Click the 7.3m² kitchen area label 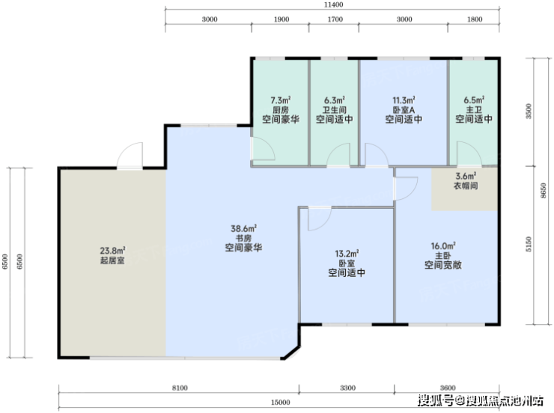coord(281,100)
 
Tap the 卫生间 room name coord(334,110)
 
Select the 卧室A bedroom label coord(404,110)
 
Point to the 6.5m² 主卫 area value coord(474,100)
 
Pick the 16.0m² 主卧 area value coord(443,246)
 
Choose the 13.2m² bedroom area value coord(347,254)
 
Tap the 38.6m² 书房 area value coord(244,229)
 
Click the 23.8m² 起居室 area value coord(113,251)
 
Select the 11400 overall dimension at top coord(334,5)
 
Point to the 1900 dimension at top coord(281,19)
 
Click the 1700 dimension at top coord(335,19)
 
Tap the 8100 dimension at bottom coord(180,388)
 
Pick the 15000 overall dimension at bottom coord(281,403)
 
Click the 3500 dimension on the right coord(529,111)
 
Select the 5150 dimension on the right coord(529,244)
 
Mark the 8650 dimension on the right coord(544,191)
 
